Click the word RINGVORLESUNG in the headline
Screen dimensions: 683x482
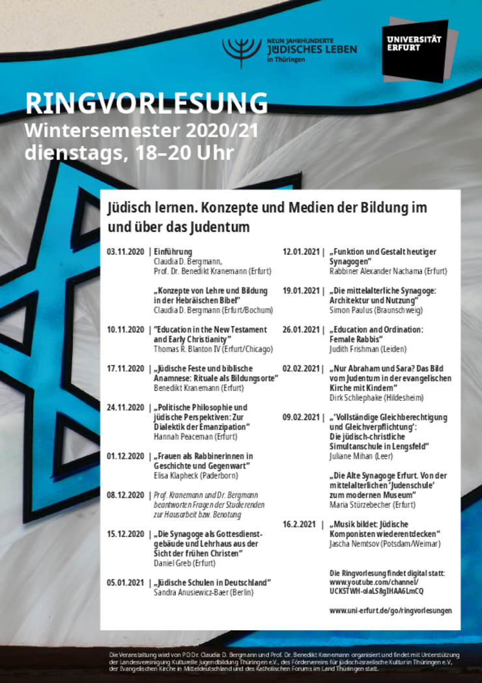point(146,103)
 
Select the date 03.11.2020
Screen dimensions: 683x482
point(126,252)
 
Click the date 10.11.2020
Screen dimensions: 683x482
point(126,330)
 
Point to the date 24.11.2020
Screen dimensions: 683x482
point(126,407)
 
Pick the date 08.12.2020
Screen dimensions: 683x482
point(126,495)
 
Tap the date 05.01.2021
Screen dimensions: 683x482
point(126,583)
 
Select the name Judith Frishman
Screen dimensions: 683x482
point(356,349)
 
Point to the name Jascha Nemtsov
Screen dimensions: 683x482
point(356,544)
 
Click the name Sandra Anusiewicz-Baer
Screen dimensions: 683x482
point(194,592)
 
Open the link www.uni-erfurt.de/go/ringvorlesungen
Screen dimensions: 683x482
point(390,611)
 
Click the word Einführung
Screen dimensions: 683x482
point(173,252)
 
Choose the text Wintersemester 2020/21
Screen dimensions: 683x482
point(141,130)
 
